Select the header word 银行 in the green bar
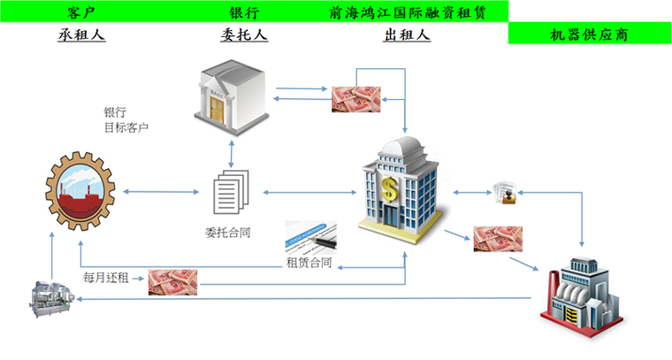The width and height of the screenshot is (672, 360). point(243,11)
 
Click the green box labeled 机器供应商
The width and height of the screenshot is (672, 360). point(589,34)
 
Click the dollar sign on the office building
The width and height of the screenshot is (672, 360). point(390,188)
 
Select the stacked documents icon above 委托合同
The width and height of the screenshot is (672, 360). point(231,192)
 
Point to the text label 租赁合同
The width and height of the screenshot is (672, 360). point(309,263)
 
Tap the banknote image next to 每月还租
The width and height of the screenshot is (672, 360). point(172,280)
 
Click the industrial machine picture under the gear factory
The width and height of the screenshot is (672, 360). point(53,297)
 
